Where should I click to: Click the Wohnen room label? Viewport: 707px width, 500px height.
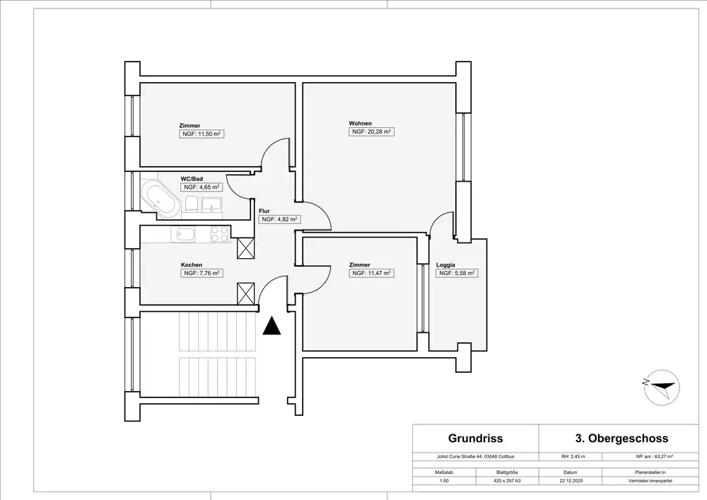coord(361,123)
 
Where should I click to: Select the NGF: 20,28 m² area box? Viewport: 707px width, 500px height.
coord(372,132)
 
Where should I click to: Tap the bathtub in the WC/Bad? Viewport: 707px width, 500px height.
coord(160,199)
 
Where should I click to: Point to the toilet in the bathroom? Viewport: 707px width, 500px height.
coord(191,204)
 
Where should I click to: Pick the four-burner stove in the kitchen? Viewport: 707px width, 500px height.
coord(220,234)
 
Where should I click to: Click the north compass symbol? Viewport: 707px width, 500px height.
coord(662,388)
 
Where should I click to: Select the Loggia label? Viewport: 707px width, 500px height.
coord(445,265)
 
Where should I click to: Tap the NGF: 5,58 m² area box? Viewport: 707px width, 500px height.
coord(457,273)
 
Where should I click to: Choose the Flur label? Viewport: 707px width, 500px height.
coord(264,211)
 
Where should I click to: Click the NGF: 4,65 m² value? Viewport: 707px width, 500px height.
coord(201,187)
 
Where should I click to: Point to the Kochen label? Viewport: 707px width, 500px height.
coord(192,264)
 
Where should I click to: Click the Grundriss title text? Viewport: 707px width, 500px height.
coord(475,438)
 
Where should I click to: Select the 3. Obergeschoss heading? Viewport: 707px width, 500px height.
coord(621,438)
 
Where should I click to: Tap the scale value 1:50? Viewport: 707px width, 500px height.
coord(444,481)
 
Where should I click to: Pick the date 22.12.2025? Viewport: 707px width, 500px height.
coord(570,481)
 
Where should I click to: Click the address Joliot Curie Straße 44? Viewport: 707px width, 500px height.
coord(460,456)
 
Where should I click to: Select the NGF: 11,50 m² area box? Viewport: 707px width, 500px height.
coord(201,134)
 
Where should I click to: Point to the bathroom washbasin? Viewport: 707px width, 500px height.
coord(211,204)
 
